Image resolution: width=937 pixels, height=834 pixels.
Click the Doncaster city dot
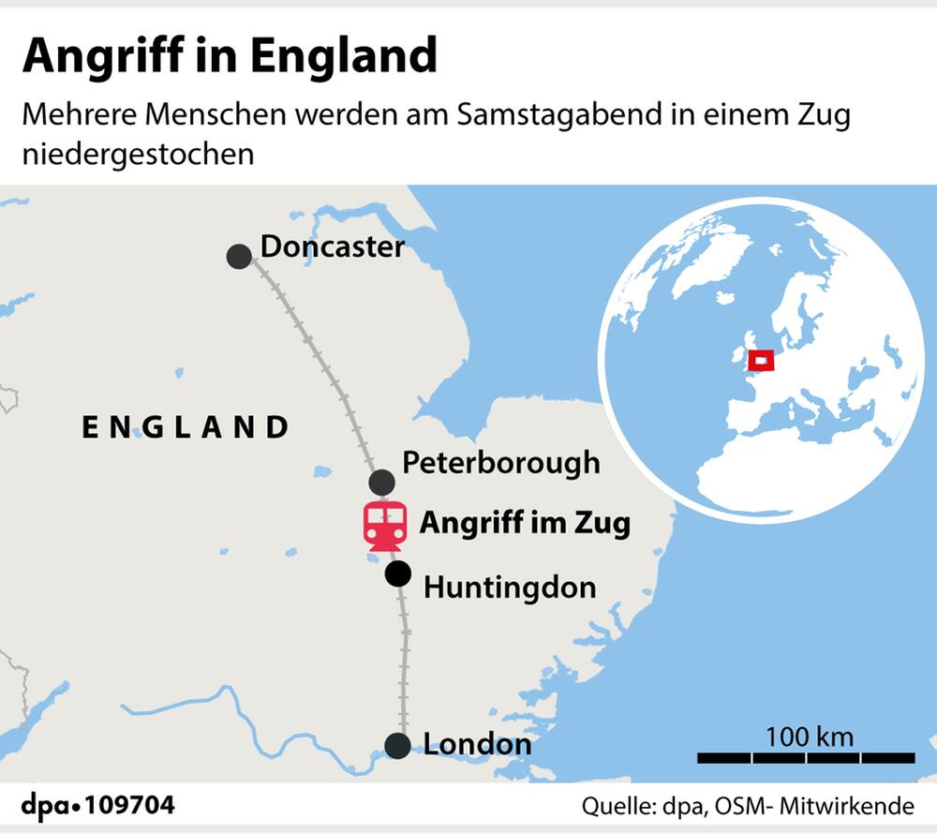[x=239, y=256]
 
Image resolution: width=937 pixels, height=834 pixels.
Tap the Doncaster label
[x=332, y=246]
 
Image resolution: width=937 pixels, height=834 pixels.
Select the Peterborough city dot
[x=380, y=483]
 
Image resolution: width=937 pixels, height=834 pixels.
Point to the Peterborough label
[x=500, y=462]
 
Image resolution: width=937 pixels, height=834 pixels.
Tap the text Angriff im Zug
[x=524, y=523]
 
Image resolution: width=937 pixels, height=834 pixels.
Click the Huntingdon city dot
[x=398, y=574]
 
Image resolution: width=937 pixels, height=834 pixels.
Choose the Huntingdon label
[x=510, y=588]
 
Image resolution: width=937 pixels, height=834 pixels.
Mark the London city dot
[x=397, y=746]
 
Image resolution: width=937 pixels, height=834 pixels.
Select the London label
[x=477, y=745]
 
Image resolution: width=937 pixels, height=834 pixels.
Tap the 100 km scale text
[x=809, y=736]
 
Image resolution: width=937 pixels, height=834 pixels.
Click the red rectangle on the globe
[x=762, y=359]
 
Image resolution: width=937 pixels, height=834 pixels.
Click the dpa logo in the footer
[x=50, y=805]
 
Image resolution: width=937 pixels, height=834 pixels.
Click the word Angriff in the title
[x=104, y=56]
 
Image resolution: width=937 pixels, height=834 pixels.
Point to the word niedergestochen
[x=138, y=153]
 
